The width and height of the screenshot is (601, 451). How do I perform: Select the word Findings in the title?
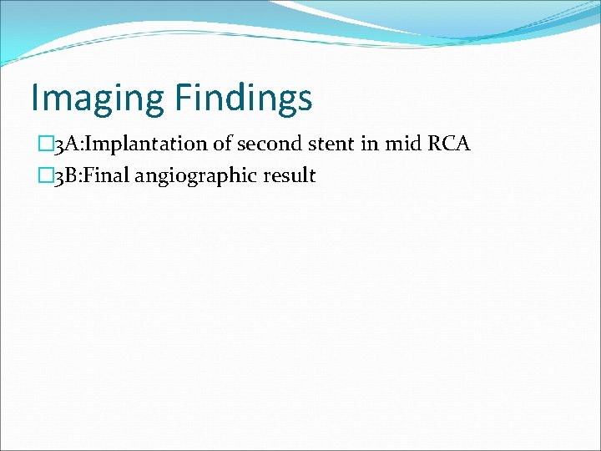[244, 99]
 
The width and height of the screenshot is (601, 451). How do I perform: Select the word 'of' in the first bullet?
[223, 144]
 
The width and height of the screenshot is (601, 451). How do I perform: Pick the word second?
[265, 144]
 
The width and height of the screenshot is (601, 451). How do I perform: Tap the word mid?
[401, 144]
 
